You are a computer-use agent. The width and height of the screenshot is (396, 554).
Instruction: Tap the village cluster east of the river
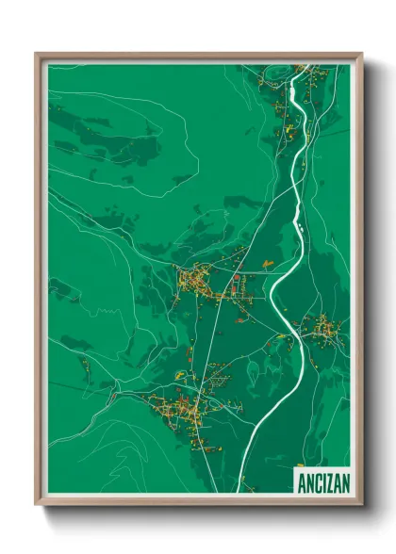click(324, 329)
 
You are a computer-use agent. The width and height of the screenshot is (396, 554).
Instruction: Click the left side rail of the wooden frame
click(39, 283)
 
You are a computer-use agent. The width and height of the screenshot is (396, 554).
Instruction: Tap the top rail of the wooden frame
click(198, 56)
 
